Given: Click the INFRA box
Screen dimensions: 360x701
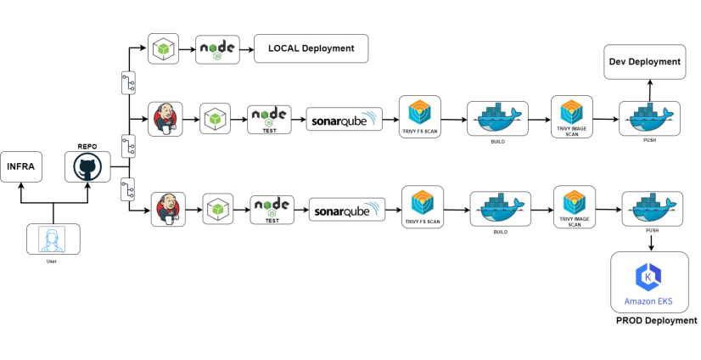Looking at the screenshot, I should pyautogui.click(x=20, y=166).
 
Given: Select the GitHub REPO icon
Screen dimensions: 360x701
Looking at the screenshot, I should pyautogui.click(x=88, y=167).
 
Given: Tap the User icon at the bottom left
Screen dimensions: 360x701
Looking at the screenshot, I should pyautogui.click(x=53, y=239).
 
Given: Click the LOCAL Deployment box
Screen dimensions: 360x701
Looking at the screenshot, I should pyautogui.click(x=311, y=48).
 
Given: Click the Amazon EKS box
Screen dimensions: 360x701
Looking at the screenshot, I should pyautogui.click(x=650, y=282).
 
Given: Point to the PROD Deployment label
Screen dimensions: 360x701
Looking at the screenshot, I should pyautogui.click(x=656, y=321).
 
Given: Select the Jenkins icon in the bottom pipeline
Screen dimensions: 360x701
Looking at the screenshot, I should pyautogui.click(x=168, y=209).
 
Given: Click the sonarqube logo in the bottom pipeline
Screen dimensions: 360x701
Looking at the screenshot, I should pyautogui.click(x=347, y=209).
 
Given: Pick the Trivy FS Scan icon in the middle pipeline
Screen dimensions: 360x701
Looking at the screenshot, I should pyautogui.click(x=420, y=114).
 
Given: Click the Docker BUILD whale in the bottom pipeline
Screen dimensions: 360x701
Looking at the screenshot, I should pyautogui.click(x=501, y=207).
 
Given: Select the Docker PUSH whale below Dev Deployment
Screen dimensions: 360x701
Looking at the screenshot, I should pyautogui.click(x=649, y=118).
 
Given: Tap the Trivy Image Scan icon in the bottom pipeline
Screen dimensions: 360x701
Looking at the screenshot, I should pyautogui.click(x=575, y=204).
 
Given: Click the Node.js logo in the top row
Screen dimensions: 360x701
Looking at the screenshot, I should pyautogui.click(x=217, y=48).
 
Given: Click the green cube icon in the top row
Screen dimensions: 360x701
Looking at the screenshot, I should pyautogui.click(x=163, y=48).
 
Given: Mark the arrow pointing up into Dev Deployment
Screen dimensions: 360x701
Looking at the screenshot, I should pyautogui.click(x=649, y=89).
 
